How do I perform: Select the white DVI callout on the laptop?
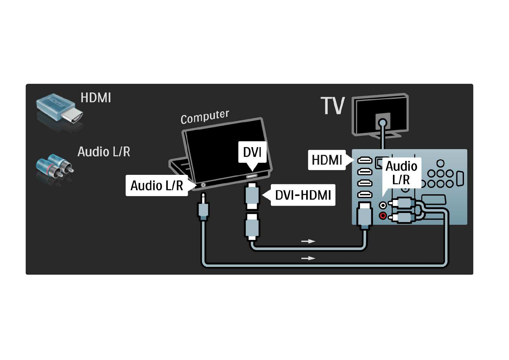[252, 152]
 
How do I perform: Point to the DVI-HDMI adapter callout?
[303, 195]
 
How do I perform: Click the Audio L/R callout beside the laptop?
[157, 185]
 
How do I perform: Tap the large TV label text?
[332, 106]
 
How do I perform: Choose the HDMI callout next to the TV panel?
[327, 160]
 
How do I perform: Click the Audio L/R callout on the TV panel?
[401, 173]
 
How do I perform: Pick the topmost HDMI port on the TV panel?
[365, 160]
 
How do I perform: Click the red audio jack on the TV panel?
[383, 216]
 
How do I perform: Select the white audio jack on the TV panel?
[383, 205]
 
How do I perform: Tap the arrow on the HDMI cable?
[308, 241]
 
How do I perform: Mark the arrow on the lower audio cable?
[308, 258]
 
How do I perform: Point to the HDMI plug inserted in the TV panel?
[364, 215]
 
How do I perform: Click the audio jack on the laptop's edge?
[203, 185]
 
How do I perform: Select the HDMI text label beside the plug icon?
[96, 98]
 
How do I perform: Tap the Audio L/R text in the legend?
[104, 152]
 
